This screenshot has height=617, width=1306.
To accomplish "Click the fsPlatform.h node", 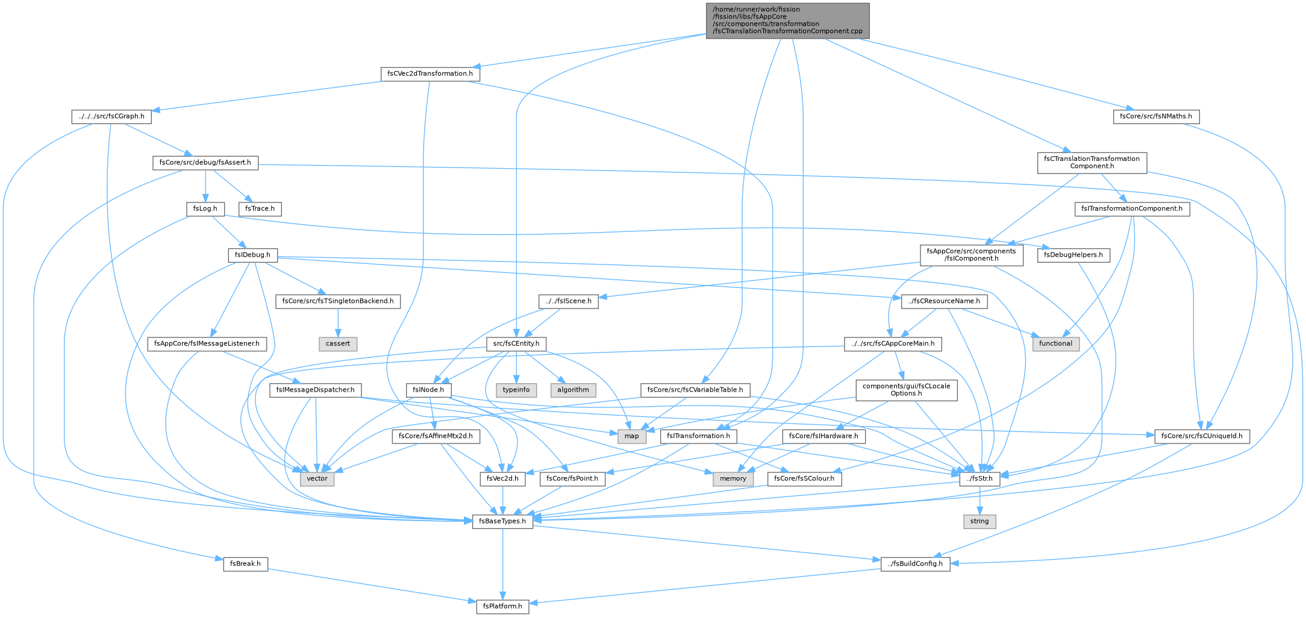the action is point(502,606).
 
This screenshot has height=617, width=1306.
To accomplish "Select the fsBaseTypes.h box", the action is point(502,521).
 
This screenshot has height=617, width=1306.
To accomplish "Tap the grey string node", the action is point(979,521).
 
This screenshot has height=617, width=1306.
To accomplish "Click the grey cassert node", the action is point(338,343).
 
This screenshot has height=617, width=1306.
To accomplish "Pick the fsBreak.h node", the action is point(245,564).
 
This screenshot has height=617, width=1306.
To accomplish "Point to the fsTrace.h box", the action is point(260,209).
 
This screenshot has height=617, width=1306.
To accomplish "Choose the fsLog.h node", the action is point(205,209).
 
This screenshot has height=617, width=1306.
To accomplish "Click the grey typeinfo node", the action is point(516,390).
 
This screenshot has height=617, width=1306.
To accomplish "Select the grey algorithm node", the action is point(573,390).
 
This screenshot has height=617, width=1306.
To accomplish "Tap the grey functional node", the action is point(1055,343).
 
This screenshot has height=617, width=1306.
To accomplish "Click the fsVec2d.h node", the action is point(502,479).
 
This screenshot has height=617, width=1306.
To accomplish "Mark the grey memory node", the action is point(733,479).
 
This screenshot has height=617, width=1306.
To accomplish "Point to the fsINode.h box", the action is point(429,390).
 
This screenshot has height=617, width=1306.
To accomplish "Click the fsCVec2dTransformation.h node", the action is point(430,74).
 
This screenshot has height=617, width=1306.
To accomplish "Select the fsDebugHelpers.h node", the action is point(1073,255).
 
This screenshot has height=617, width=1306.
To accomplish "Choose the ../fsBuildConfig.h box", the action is point(916,564).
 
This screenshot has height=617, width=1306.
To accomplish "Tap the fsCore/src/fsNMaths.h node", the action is point(1156,116).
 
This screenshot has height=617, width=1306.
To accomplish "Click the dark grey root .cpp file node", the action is point(788,20).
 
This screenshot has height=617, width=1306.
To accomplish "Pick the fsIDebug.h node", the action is point(253,255).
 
